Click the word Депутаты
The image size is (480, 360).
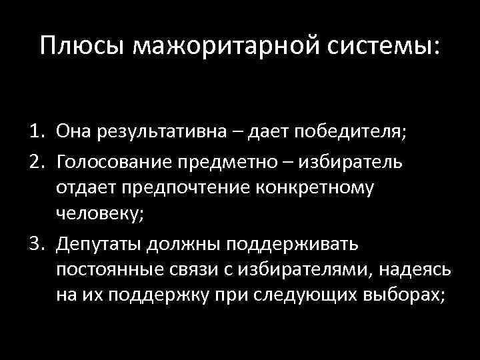point(98,243)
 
